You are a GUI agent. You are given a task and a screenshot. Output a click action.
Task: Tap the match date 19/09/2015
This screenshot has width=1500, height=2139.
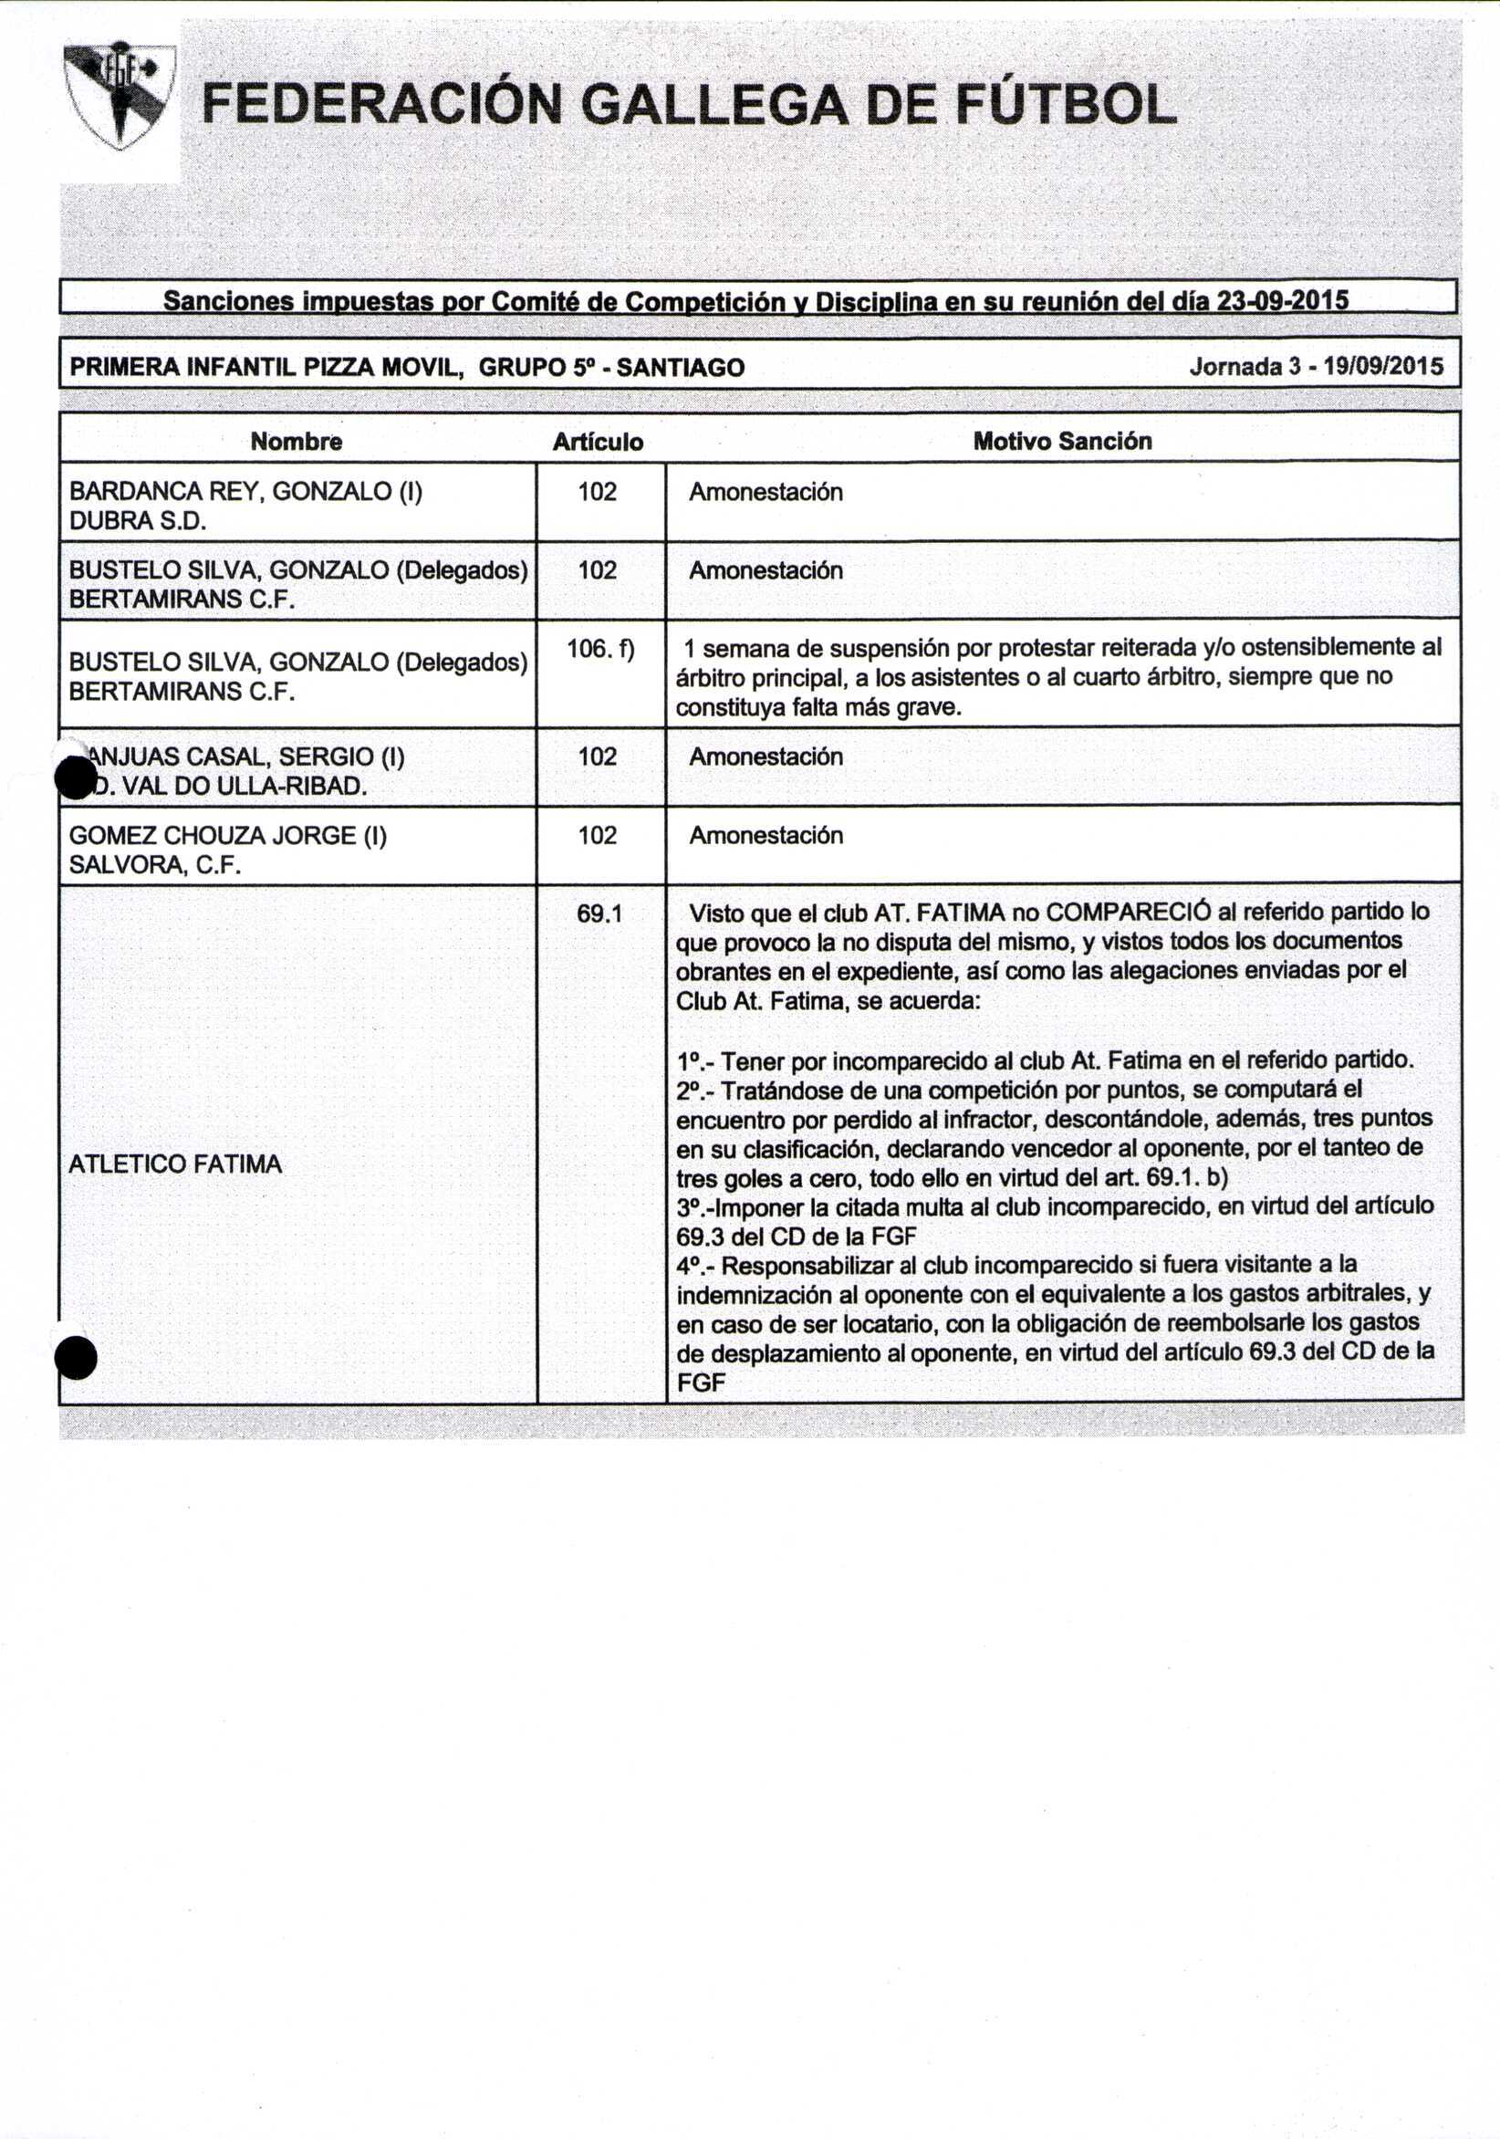coord(1382,366)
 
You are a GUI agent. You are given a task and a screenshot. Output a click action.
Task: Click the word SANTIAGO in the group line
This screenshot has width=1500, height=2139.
coord(680,367)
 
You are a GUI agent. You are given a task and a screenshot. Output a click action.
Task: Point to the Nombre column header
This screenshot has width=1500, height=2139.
coord(297,441)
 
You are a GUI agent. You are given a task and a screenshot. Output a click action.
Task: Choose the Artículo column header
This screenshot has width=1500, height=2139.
coord(599,442)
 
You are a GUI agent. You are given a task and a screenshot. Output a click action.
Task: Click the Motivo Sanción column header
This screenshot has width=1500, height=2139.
coord(1062,441)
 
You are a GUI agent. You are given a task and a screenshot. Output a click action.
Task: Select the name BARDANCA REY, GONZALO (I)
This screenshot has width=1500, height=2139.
coord(246,491)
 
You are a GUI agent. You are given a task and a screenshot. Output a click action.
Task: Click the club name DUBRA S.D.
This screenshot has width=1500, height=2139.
coord(138,521)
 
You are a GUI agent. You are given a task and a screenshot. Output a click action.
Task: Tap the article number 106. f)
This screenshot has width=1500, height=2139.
coord(600,649)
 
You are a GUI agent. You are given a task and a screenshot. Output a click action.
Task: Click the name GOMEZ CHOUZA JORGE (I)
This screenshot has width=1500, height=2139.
coord(228,835)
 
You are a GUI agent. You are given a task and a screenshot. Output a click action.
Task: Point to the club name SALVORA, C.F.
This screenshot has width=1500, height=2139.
coord(155,864)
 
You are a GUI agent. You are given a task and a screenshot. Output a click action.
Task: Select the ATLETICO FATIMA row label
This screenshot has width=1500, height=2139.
coord(175,1163)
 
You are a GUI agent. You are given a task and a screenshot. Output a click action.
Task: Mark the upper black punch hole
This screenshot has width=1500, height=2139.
coord(75,777)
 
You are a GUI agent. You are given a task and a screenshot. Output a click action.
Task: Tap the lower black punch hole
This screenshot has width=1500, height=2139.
coord(76,1357)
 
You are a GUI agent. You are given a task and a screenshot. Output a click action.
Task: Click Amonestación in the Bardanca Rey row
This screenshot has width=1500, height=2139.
coord(766,492)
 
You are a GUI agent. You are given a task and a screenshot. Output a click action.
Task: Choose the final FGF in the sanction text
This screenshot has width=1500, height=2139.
coord(701,1383)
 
